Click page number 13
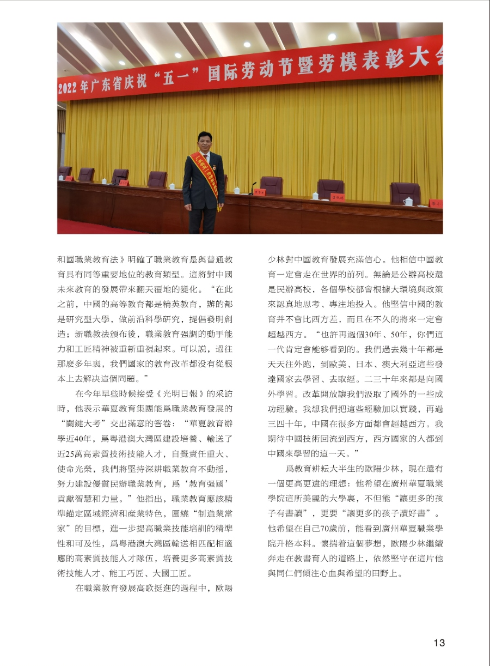439,643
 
